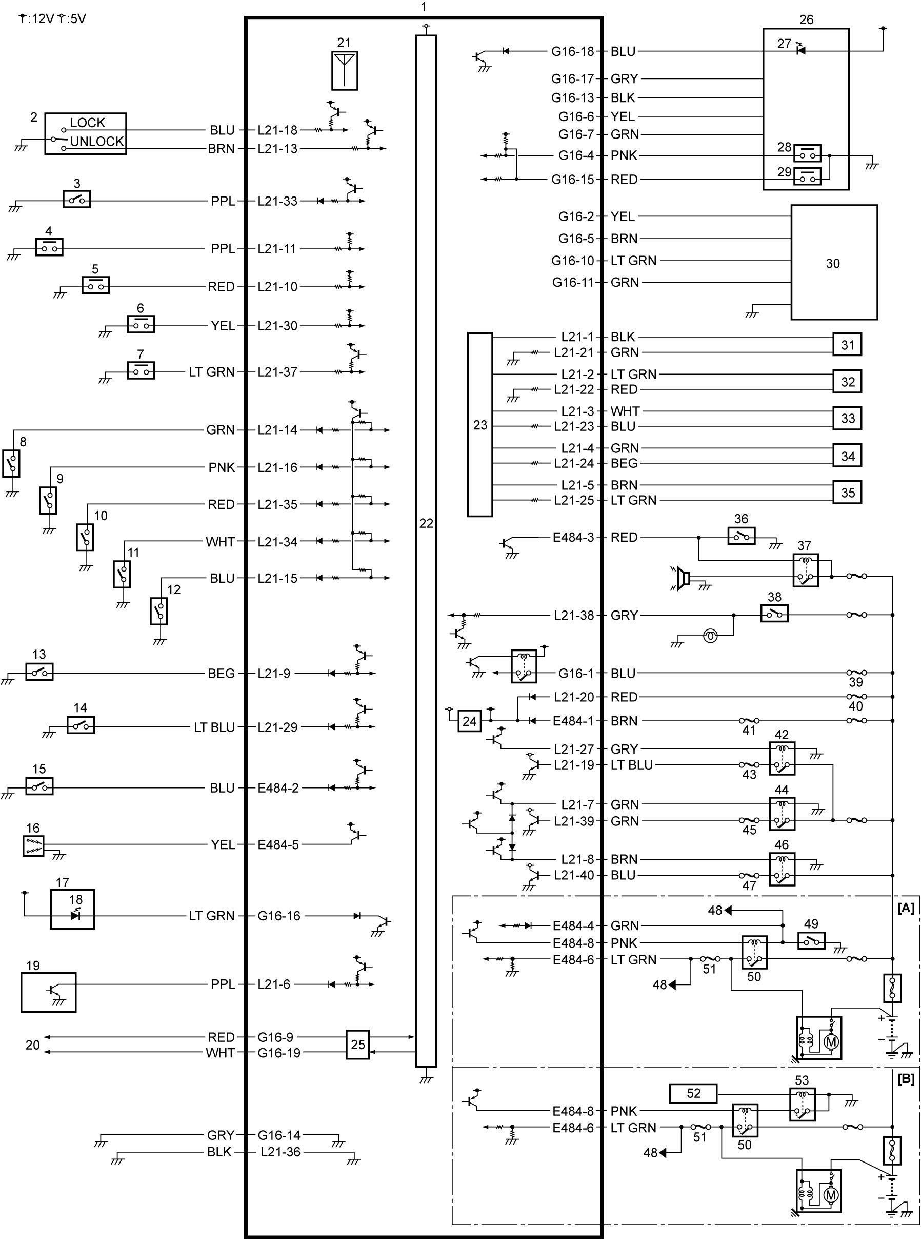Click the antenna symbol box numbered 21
tap(345, 71)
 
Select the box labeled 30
tap(834, 262)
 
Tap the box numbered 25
tap(357, 1045)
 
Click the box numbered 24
tap(469, 721)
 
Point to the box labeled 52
tap(693, 1093)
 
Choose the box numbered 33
tap(847, 418)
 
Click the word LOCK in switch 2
tap(88, 123)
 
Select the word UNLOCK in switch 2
tap(97, 141)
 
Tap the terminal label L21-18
tap(277, 130)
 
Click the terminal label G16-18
tap(573, 51)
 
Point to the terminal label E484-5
tap(277, 844)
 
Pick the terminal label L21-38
tap(574, 615)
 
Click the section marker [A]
tap(906, 908)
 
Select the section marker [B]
tap(906, 1079)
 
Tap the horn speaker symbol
tap(682, 578)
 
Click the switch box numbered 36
tap(742, 536)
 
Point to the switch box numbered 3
tap(76, 199)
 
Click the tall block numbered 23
tap(479, 425)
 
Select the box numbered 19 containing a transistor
tap(49, 992)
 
